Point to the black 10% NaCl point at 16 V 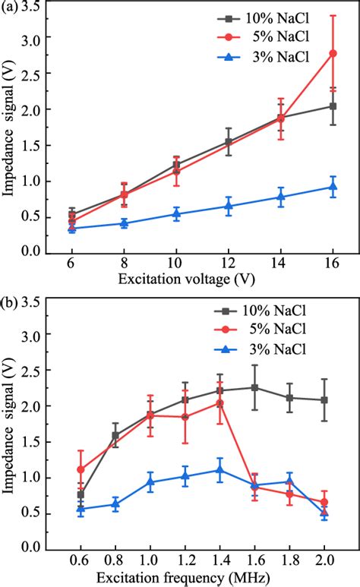click(333, 106)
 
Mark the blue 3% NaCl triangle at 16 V click(333, 187)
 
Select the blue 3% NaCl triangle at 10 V click(176, 214)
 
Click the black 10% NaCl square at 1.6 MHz click(254, 387)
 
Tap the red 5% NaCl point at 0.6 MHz click(81, 469)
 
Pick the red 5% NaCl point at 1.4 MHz click(219, 403)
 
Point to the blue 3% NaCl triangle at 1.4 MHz click(219, 470)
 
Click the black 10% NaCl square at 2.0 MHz click(324, 399)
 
